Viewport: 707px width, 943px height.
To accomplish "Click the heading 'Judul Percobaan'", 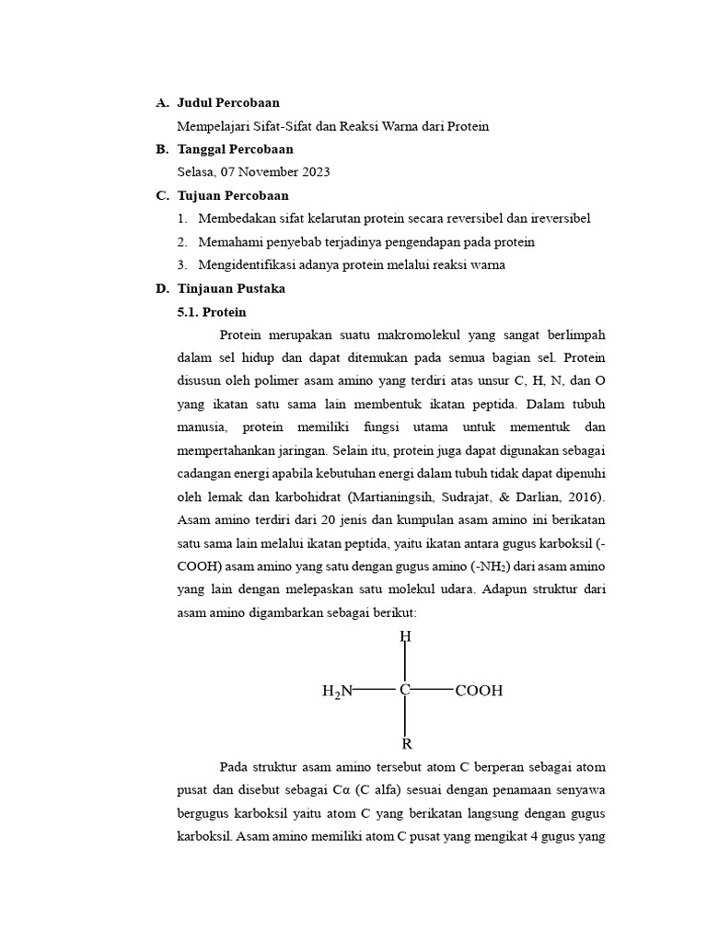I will pyautogui.click(x=228, y=102).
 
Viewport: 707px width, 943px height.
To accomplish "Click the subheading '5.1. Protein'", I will pyautogui.click(x=212, y=312).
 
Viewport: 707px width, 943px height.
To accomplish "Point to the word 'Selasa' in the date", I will pyautogui.click(x=195, y=172).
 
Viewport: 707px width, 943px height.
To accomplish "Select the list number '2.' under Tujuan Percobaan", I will pyautogui.click(x=181, y=242).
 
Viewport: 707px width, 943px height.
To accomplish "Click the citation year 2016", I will pyautogui.click(x=583, y=498).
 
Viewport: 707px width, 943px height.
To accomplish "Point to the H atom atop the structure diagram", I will pyautogui.click(x=405, y=636).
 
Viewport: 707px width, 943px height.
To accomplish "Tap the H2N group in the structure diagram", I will pyautogui.click(x=337, y=691).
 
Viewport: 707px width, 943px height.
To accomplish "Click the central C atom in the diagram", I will pyautogui.click(x=405, y=690).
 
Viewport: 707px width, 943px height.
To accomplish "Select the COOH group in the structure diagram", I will pyautogui.click(x=479, y=690).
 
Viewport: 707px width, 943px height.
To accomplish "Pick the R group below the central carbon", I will pyautogui.click(x=406, y=744).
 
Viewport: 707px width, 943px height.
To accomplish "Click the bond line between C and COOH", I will pyautogui.click(x=433, y=689).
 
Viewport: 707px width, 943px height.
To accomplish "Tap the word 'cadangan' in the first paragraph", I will pyautogui.click(x=205, y=474).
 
